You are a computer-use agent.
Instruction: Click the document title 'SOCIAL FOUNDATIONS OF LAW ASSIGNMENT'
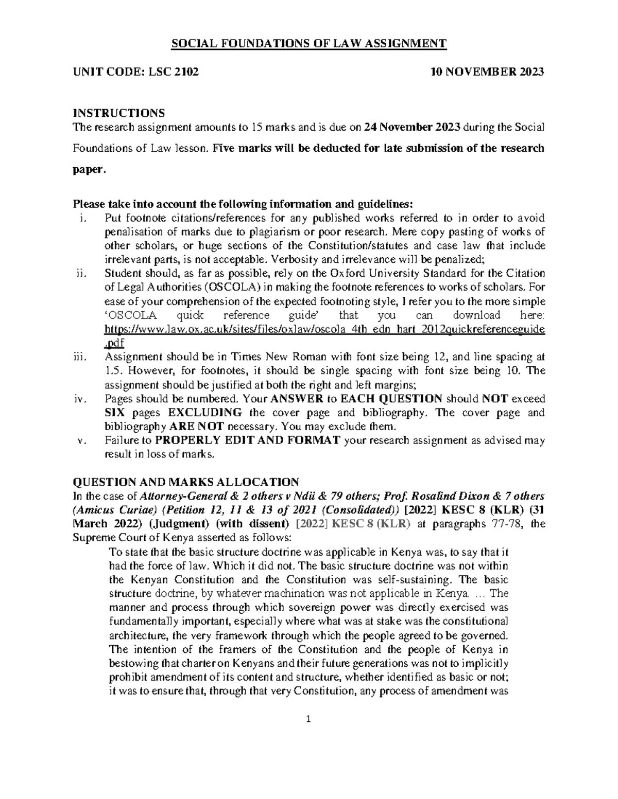click(x=309, y=44)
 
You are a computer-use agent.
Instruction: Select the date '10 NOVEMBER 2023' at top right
click(x=487, y=72)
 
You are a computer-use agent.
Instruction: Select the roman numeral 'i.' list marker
click(x=84, y=218)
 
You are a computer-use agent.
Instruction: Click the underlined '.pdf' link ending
click(x=114, y=343)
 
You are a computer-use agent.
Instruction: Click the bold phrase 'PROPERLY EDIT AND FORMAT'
click(x=248, y=440)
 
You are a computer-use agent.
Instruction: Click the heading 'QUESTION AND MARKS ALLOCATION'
click(x=186, y=482)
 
